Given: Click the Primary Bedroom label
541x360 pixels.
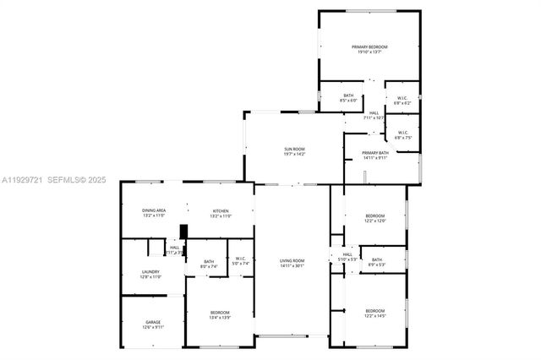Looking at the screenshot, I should (369, 48).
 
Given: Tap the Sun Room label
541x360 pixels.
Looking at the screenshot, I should (294, 152).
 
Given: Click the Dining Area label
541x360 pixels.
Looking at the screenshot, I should (154, 212).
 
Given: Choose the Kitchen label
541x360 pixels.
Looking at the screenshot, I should (221, 212).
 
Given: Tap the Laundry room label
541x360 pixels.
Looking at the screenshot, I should (150, 273).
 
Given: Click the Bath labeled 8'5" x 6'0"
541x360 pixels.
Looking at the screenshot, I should (348, 97).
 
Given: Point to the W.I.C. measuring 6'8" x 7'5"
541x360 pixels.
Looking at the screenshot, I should (402, 134).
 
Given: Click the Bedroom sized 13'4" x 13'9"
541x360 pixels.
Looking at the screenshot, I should (220, 314).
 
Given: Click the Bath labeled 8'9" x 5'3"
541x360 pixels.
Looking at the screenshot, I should (377, 262).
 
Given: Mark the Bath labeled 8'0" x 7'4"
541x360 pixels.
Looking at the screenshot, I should (209, 263).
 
